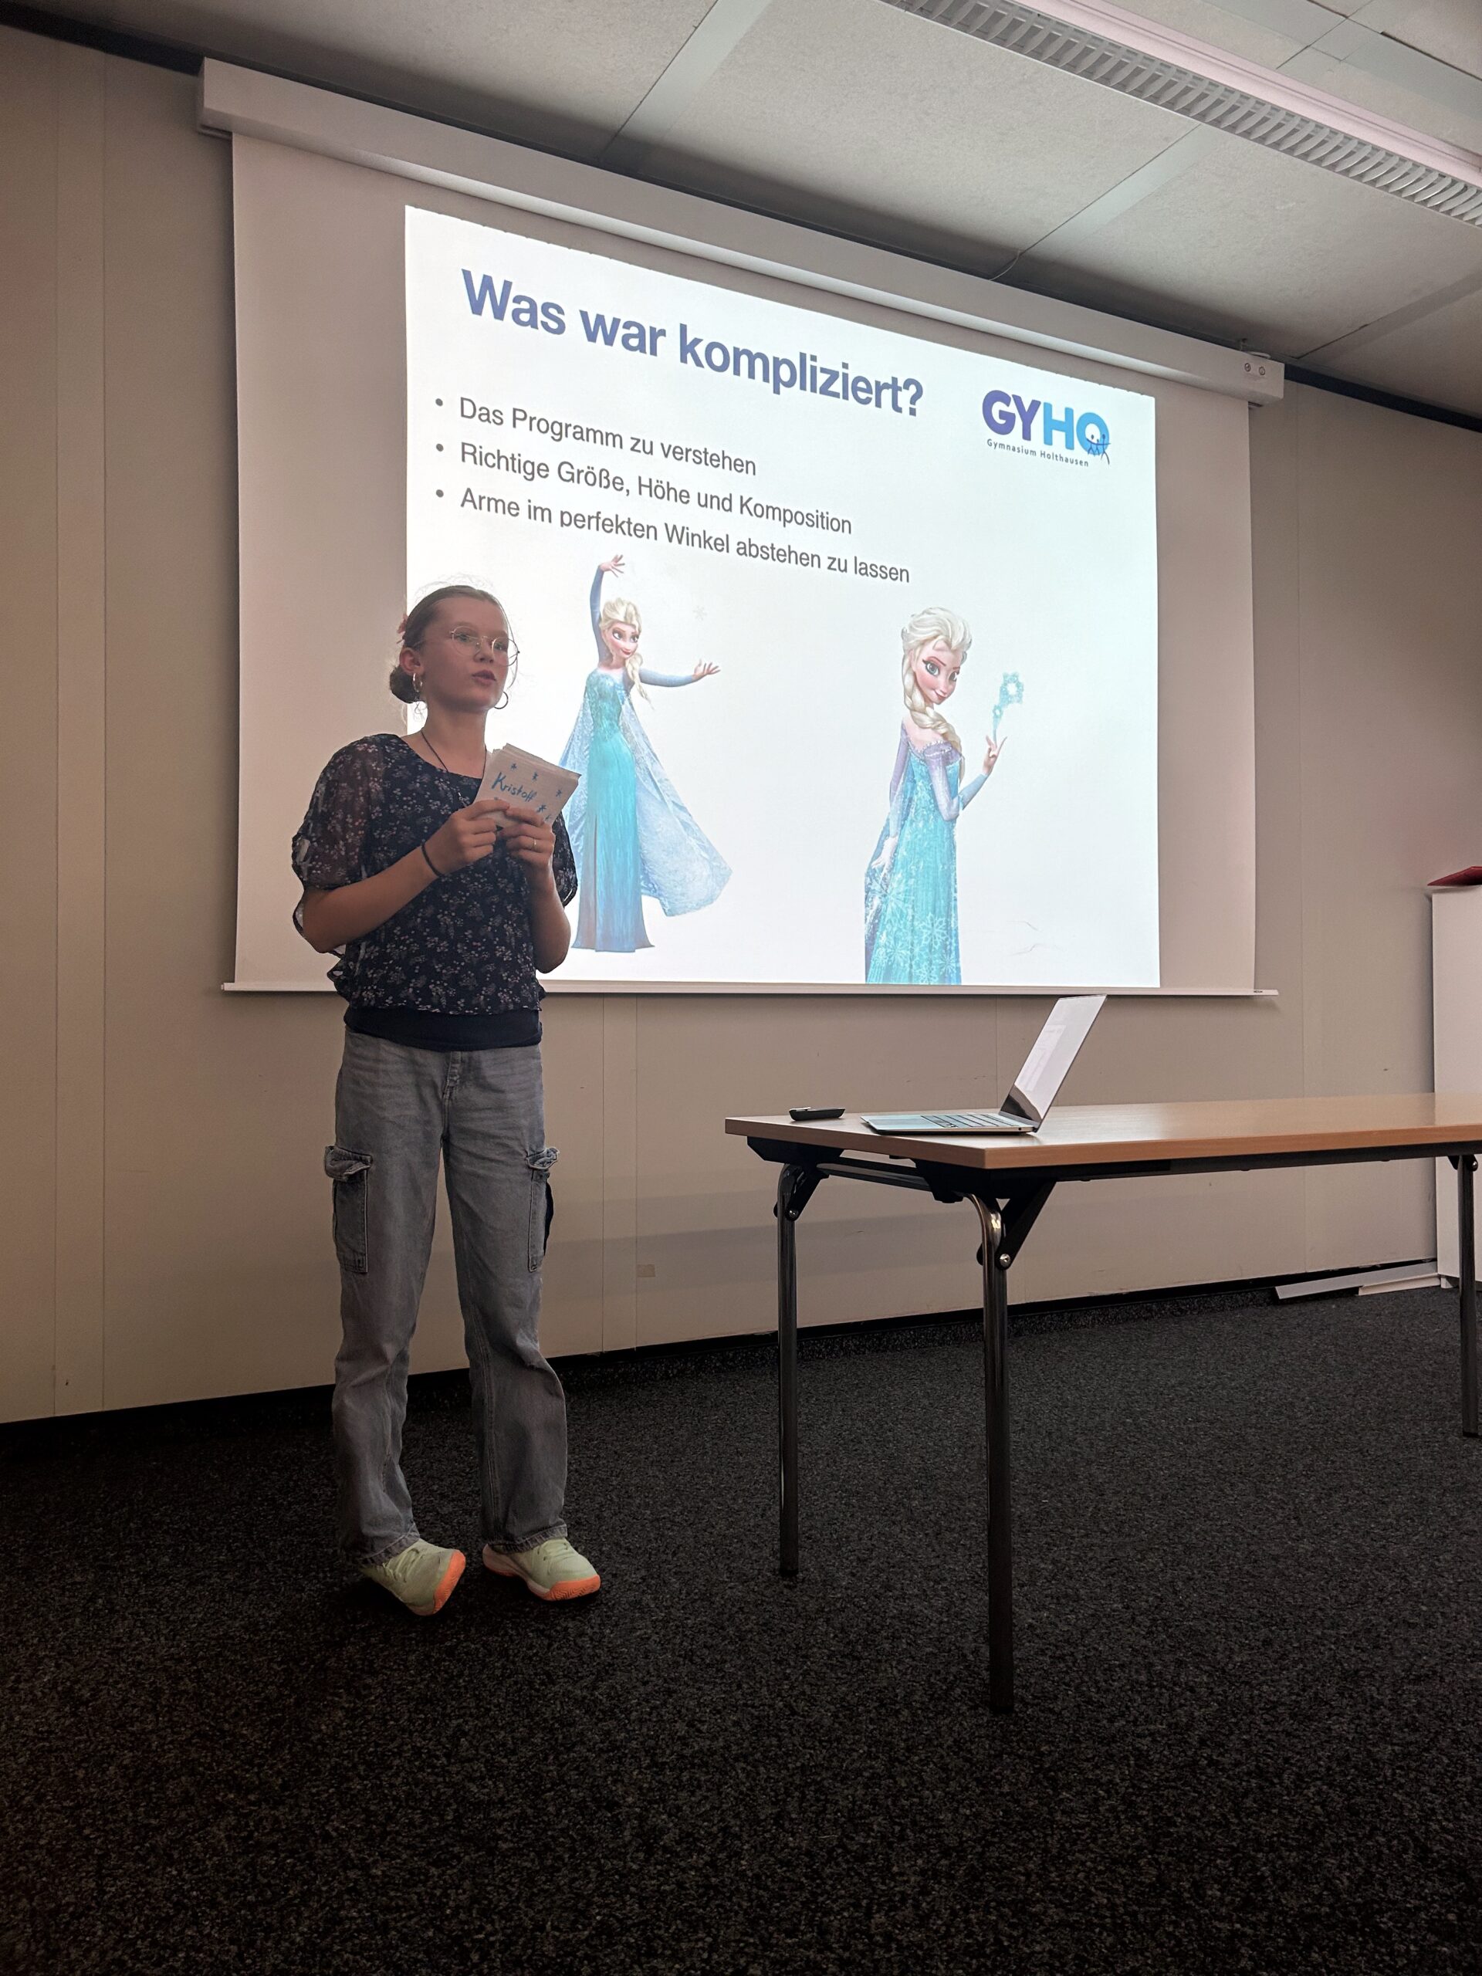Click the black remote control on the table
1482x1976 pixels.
[x=816, y=1113]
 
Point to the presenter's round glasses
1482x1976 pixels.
[x=478, y=643]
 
